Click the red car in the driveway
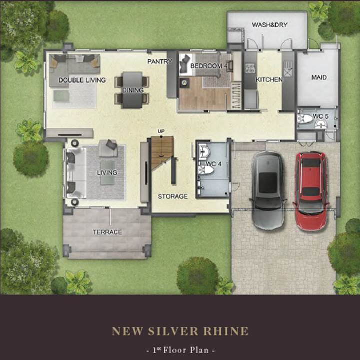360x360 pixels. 311,191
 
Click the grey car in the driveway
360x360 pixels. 268,190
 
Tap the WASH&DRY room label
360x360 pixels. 270,25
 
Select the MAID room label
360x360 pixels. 319,77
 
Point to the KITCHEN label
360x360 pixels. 269,80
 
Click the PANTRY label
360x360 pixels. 160,61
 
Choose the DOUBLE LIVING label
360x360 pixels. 82,80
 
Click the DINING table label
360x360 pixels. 133,90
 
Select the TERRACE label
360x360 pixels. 107,232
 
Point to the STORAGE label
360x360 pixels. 173,196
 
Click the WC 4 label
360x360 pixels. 214,164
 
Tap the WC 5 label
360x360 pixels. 320,116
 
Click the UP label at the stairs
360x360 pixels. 161,131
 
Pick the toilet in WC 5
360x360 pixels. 305,118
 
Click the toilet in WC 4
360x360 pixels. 206,170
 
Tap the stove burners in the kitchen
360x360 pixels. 250,68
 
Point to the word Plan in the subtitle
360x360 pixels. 199,350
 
